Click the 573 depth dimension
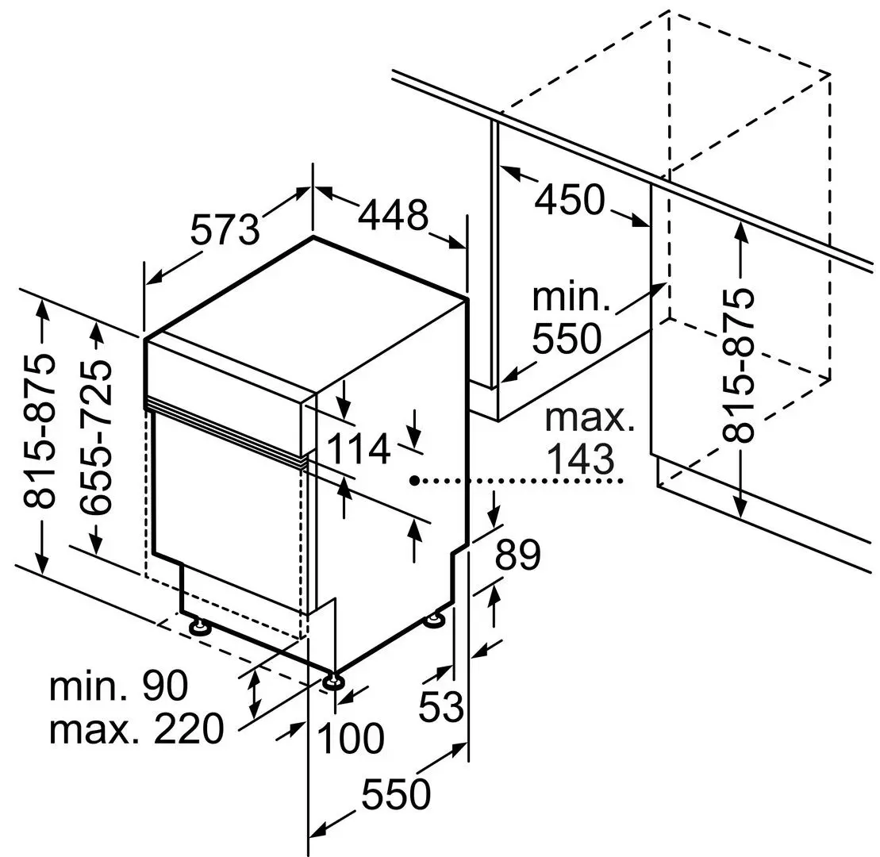tap(225, 229)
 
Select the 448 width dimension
tap(394, 214)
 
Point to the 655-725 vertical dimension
tap(96, 437)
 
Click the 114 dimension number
tap(358, 449)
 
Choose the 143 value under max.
tap(580, 459)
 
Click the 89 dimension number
tap(517, 555)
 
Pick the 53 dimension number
tap(441, 706)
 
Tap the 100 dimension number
tap(351, 737)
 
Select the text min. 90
tap(119, 686)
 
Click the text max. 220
tap(136, 729)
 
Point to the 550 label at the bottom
tap(396, 794)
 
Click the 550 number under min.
tap(567, 338)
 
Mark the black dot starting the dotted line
tap(414, 480)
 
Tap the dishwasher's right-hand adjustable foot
tap(436, 620)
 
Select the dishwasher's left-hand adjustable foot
tap(198, 625)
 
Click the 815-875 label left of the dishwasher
tap(40, 430)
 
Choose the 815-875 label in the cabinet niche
tap(738, 365)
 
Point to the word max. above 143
tap(590, 418)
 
